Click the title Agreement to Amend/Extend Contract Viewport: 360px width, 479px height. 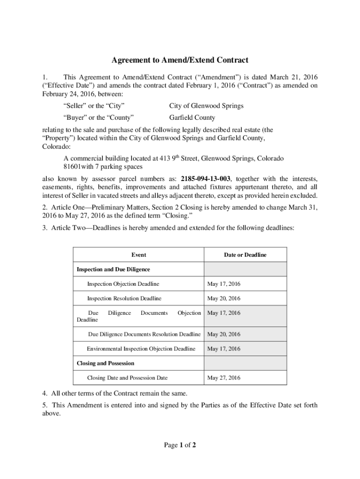coord(180,60)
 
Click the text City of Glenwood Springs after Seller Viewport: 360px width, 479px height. coord(206,106)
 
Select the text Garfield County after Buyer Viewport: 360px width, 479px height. coord(192,118)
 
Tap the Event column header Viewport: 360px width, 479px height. coord(138,255)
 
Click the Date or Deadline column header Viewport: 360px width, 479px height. coord(245,255)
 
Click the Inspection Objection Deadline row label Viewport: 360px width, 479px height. coord(123,284)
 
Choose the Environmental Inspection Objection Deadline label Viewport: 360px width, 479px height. coord(141,349)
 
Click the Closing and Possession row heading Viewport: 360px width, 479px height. coord(105,363)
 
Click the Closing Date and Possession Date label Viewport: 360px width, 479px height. coord(127,378)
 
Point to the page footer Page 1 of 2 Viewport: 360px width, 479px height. coord(180,445)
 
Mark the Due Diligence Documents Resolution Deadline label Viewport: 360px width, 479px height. coord(144,334)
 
